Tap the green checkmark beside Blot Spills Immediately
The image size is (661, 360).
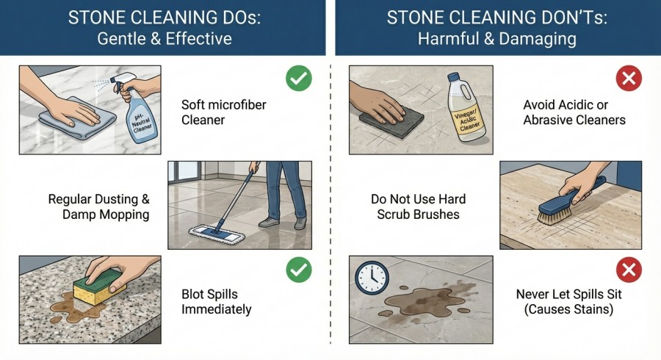(x=298, y=272)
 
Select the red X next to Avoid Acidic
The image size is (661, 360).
(x=628, y=79)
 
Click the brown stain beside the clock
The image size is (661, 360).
(x=426, y=298)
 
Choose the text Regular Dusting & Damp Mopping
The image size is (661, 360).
(x=98, y=206)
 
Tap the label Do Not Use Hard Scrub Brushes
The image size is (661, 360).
(x=418, y=206)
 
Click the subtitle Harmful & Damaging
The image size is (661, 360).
(x=498, y=39)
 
